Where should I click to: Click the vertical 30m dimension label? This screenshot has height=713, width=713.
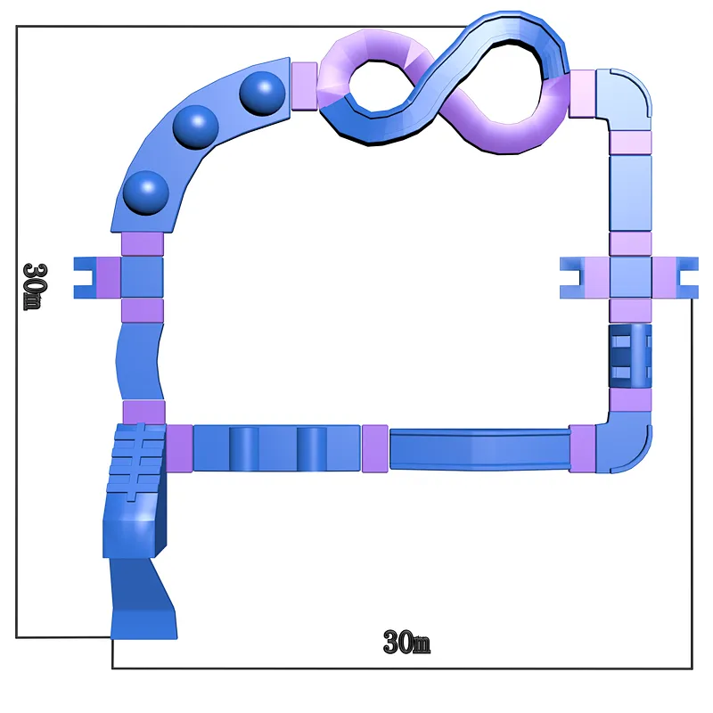(x=35, y=286)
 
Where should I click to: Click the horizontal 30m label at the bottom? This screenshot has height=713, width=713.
(x=406, y=642)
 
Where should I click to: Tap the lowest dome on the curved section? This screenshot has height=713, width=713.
(x=146, y=193)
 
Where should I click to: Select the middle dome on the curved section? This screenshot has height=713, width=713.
(x=195, y=127)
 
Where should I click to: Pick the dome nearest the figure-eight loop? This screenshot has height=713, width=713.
(x=262, y=94)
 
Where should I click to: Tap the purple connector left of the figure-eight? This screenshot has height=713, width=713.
(x=304, y=86)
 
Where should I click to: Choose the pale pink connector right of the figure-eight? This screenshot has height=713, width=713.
(x=582, y=94)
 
